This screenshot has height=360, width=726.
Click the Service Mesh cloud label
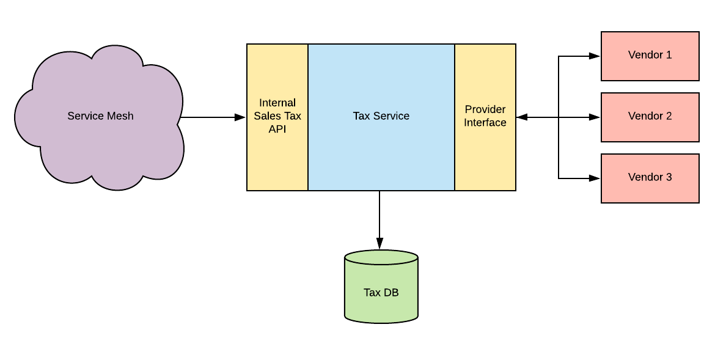[x=100, y=116]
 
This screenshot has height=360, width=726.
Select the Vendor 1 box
[x=650, y=56]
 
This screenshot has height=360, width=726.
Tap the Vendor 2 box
[x=650, y=117]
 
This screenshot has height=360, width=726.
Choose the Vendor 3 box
[x=650, y=178]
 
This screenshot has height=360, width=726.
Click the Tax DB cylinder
[x=381, y=285]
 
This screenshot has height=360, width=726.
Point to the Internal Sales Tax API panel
[x=277, y=117]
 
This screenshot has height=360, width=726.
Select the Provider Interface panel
[x=485, y=117]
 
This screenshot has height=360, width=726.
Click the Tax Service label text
[x=381, y=116]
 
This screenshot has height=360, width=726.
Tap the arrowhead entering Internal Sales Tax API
[x=240, y=117]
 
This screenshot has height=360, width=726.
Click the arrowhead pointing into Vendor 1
[x=595, y=56]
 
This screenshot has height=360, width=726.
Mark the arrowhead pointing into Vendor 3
[x=595, y=178]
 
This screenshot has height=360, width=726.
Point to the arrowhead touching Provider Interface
[x=522, y=117]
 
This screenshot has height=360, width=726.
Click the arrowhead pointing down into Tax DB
[x=380, y=244]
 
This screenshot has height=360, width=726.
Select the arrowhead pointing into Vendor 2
[x=595, y=117]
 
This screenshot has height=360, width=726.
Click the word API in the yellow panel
[x=277, y=129]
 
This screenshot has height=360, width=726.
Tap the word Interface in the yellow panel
[x=485, y=122]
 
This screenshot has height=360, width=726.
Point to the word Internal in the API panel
[x=277, y=103]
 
